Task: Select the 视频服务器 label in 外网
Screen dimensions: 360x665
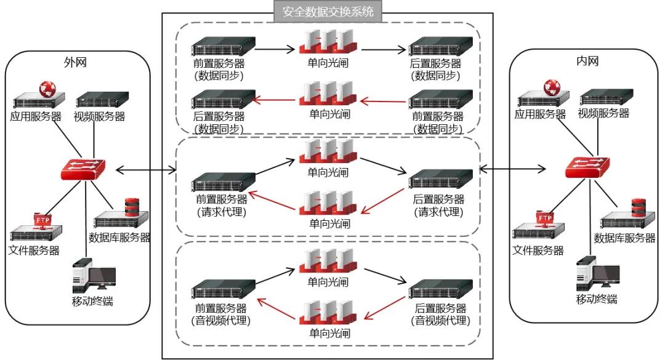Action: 100,116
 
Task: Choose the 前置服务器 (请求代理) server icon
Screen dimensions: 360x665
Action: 222,182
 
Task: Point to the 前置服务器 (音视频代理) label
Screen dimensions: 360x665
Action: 222,314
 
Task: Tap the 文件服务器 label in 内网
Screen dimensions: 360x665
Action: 538,250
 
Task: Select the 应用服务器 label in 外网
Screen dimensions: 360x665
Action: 36,116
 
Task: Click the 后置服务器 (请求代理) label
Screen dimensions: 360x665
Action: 439,206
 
